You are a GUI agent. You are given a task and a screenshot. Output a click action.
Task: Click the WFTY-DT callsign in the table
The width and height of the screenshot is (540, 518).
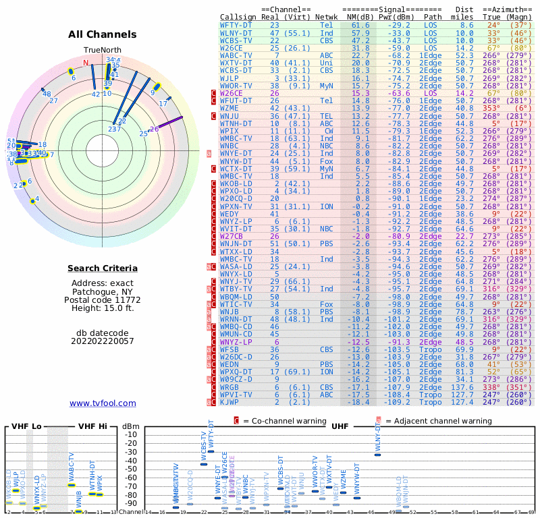pyautogui.click(x=236, y=25)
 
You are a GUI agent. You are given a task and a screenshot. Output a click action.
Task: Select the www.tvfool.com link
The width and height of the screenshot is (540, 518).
pyautogui.click(x=103, y=403)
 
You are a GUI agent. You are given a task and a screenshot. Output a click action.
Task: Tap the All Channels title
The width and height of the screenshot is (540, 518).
pyautogui.click(x=103, y=34)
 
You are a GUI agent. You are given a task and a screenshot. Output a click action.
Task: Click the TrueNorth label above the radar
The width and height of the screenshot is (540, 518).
pyautogui.click(x=103, y=50)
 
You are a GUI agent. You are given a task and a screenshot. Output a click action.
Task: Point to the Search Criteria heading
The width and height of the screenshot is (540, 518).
pyautogui.click(x=103, y=268)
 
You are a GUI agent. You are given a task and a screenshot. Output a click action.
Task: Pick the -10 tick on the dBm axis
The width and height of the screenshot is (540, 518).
pyautogui.click(x=131, y=434)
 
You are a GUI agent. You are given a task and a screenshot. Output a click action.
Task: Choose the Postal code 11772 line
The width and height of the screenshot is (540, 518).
pyautogui.click(x=103, y=299)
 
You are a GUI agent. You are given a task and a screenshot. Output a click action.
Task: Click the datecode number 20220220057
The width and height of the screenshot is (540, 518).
pyautogui.click(x=103, y=341)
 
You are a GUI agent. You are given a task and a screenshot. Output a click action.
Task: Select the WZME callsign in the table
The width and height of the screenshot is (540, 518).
pyautogui.click(x=230, y=108)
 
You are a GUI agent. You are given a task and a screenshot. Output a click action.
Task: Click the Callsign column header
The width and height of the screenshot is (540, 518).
pyautogui.click(x=238, y=16)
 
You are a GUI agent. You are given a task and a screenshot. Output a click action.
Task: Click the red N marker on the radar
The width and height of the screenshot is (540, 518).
pyautogui.click(x=86, y=63)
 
